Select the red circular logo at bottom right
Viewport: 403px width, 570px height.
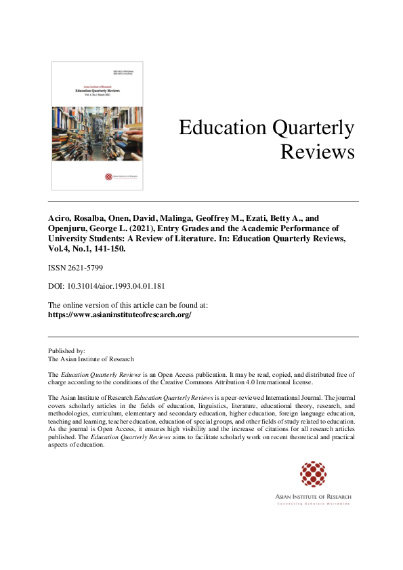(313, 474)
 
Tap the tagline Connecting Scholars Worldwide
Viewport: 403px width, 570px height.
(313, 504)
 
